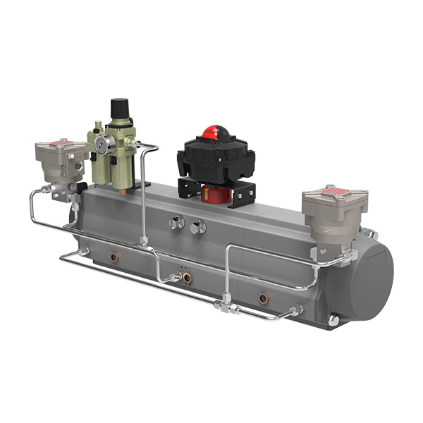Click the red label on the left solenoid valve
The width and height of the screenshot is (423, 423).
click(62, 143)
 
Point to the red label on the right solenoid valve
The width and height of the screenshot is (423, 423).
click(330, 191)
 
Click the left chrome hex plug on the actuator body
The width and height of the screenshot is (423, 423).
click(176, 223)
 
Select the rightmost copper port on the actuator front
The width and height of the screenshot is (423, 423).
click(264, 298)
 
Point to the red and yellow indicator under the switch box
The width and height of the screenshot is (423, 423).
click(212, 192)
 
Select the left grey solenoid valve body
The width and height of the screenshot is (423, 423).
click(60, 162)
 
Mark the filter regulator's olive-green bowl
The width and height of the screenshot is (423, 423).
click(121, 159)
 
